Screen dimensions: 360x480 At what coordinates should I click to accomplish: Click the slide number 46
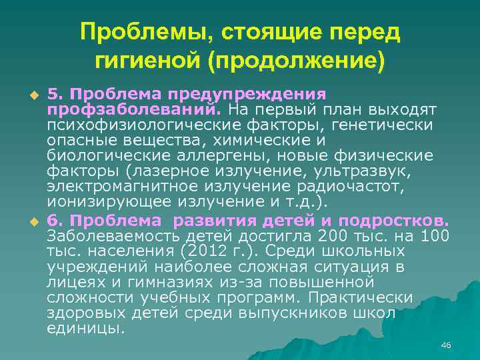pos(446,345)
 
